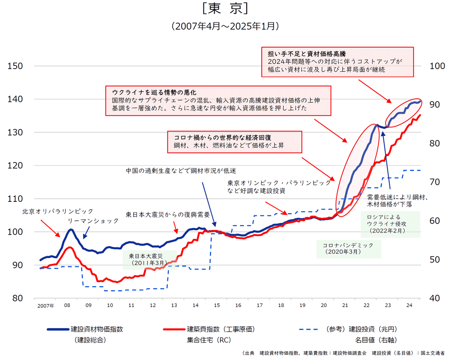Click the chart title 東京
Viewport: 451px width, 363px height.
click(225, 9)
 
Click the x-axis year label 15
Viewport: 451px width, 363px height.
click(216, 306)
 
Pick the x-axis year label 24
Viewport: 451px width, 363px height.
click(409, 306)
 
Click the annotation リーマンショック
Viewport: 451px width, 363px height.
click(93, 221)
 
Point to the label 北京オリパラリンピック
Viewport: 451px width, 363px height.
click(58, 211)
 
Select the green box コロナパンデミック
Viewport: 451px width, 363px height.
click(349, 248)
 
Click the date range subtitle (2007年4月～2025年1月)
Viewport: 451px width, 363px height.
click(225, 27)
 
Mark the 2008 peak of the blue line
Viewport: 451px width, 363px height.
click(70, 230)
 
